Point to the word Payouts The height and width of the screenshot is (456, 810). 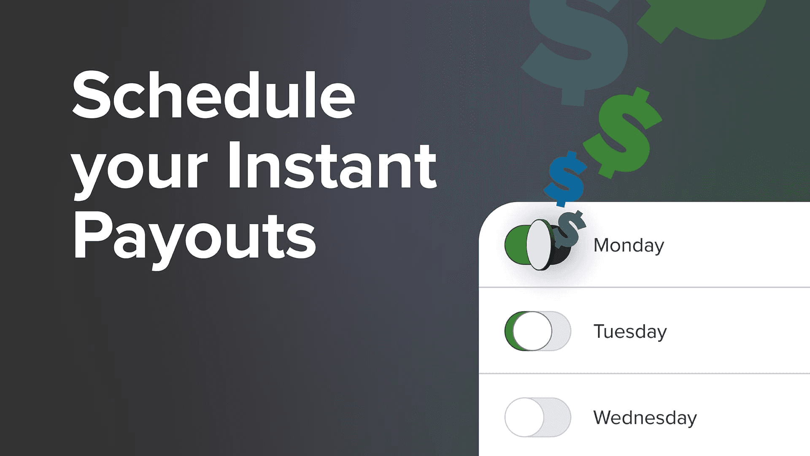[x=194, y=236]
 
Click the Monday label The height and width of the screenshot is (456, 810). [x=629, y=245]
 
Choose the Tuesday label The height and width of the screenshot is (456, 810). [x=630, y=331]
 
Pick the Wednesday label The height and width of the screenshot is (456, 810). [x=645, y=418]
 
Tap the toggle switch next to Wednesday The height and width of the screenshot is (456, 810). [x=537, y=417]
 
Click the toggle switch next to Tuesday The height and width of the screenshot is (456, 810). [x=537, y=331]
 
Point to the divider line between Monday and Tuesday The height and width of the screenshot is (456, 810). [x=644, y=288]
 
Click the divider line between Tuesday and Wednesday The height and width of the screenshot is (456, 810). [x=644, y=374]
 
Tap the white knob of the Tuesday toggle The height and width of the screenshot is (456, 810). [x=532, y=331]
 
